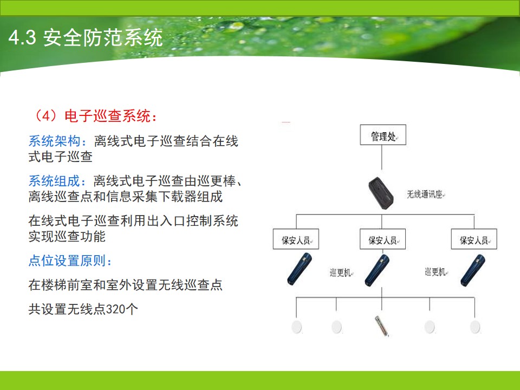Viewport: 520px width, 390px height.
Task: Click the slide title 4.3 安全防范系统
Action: [86, 37]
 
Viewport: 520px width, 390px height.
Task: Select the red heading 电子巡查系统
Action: [107, 116]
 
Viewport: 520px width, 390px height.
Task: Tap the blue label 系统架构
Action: [54, 141]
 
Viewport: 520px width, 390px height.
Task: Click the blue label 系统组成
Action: [54, 181]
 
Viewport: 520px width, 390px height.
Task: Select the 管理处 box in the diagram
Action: [383, 135]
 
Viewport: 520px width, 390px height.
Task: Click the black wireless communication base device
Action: [381, 193]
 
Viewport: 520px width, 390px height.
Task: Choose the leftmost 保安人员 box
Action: [296, 239]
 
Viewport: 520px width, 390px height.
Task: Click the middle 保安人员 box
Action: [383, 239]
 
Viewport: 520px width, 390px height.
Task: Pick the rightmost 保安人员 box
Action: [474, 239]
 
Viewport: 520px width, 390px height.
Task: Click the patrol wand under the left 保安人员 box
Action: [300, 269]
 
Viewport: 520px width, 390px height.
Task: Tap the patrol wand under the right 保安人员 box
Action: [473, 270]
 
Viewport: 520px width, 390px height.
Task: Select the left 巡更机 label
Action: [340, 272]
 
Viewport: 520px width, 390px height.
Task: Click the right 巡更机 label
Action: [435, 272]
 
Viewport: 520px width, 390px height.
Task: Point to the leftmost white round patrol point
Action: [296, 327]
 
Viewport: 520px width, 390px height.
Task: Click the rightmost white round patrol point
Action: [475, 327]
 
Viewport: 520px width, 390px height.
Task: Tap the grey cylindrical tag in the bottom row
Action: [381, 326]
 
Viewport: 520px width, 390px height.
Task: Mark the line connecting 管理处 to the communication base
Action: [382, 158]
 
